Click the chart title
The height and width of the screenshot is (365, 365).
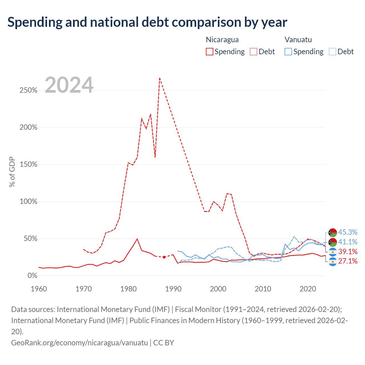coord(147,22)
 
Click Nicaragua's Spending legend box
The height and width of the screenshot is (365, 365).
coord(209,52)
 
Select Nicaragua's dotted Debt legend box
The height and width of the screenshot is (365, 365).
coord(254,52)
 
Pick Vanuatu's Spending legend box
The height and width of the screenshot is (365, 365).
coord(288,52)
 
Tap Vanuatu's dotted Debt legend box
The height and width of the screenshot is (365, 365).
coord(332,52)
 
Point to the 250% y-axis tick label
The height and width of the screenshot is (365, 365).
coord(29,90)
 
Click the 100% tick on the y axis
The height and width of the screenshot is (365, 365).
coord(29,202)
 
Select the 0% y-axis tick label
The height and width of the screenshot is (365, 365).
coord(33,275)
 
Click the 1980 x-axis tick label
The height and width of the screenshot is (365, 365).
coord(128,289)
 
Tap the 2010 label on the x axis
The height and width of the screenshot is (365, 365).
coord(263,289)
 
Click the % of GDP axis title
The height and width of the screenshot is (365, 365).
coord(12,172)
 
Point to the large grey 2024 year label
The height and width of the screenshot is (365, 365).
coord(69,85)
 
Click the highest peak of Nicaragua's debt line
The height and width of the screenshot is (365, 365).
coord(160,78)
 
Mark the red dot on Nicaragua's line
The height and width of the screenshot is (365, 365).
coord(164,257)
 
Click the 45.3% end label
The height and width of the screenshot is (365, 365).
coord(348,232)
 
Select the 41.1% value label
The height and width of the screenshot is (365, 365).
coord(348,242)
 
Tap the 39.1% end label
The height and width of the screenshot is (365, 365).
coord(348,252)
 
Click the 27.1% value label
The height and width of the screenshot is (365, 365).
coord(348,261)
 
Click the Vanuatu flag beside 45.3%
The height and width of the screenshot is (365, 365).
coord(332,233)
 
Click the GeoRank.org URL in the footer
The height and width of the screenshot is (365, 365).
coord(79,343)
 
